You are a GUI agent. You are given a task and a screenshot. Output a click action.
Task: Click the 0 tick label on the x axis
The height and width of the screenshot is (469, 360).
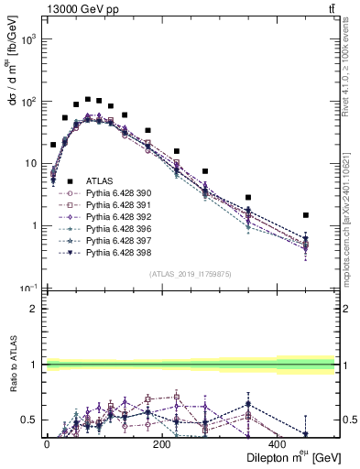(x=47, y=443)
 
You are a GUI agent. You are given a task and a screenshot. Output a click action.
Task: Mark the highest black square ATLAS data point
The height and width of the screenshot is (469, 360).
(x=88, y=99)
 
